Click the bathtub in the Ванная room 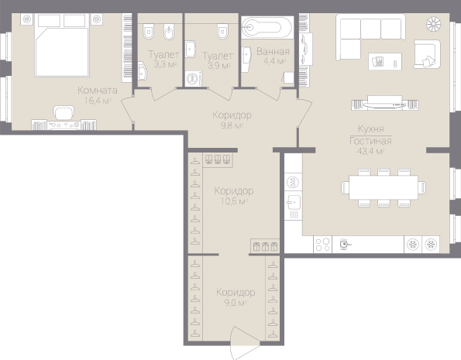[267, 27]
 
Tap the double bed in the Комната [62, 45]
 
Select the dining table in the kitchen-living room [384, 187]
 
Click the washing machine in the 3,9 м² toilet [194, 78]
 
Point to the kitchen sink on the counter [293, 202]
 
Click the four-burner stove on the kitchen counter [322, 244]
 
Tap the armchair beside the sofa [427, 54]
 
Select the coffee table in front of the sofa [385, 61]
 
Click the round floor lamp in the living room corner [434, 24]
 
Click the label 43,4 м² [371, 151]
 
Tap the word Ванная [274, 51]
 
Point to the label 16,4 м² [98, 101]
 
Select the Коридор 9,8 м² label [232, 120]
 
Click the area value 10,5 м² [234, 201]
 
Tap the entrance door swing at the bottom [245, 342]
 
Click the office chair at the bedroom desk [64, 113]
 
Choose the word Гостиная [370, 142]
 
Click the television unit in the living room [385, 103]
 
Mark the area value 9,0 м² [236, 303]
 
